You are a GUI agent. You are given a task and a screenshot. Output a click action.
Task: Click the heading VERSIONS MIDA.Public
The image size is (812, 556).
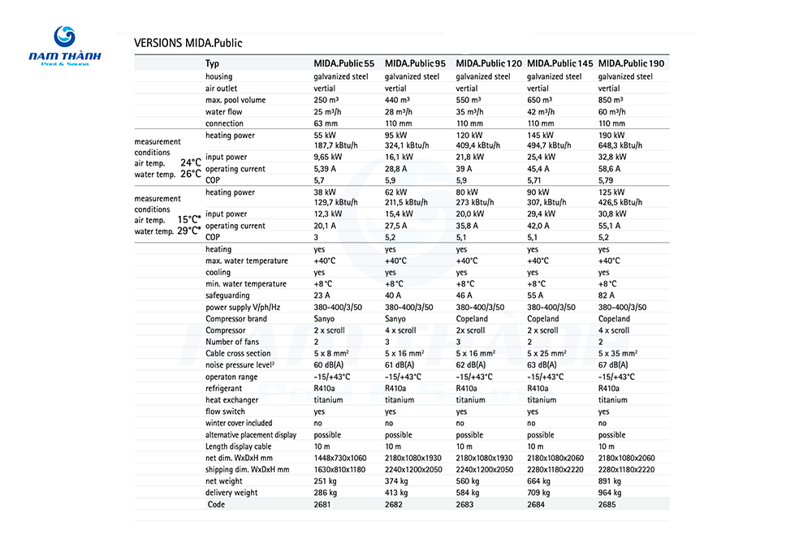pyautogui.click(x=188, y=43)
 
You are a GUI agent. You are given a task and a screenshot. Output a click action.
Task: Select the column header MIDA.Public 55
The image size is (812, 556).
pyautogui.click(x=344, y=63)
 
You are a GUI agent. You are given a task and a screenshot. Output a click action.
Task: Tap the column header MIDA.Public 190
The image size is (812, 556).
pyautogui.click(x=631, y=63)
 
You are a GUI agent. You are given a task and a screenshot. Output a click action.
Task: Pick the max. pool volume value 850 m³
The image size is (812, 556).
pyautogui.click(x=612, y=100)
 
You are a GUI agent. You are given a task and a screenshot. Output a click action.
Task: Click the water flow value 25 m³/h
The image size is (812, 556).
pyautogui.click(x=328, y=112)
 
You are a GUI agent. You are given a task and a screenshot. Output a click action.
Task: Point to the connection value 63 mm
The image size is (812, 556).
pyautogui.click(x=325, y=123)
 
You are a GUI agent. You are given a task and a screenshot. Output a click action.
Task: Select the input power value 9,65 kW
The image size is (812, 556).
pyautogui.click(x=328, y=157)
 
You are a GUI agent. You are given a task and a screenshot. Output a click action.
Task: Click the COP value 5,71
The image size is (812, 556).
pyautogui.click(x=538, y=179)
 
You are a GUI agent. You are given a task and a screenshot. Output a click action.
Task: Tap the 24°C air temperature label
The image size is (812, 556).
pyautogui.click(x=190, y=162)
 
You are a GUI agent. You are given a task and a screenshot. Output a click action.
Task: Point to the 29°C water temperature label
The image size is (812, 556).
pyautogui.click(x=188, y=231)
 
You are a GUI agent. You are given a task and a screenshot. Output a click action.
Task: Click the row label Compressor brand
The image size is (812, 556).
pyautogui.click(x=236, y=319)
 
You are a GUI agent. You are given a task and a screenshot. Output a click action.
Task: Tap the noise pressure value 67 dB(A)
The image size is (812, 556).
pyautogui.click(x=615, y=365)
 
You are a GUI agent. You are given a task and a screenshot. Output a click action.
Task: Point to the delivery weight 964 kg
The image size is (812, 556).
pyautogui.click(x=611, y=492)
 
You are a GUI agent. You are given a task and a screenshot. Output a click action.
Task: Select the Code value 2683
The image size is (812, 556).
pyautogui.click(x=466, y=504)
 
